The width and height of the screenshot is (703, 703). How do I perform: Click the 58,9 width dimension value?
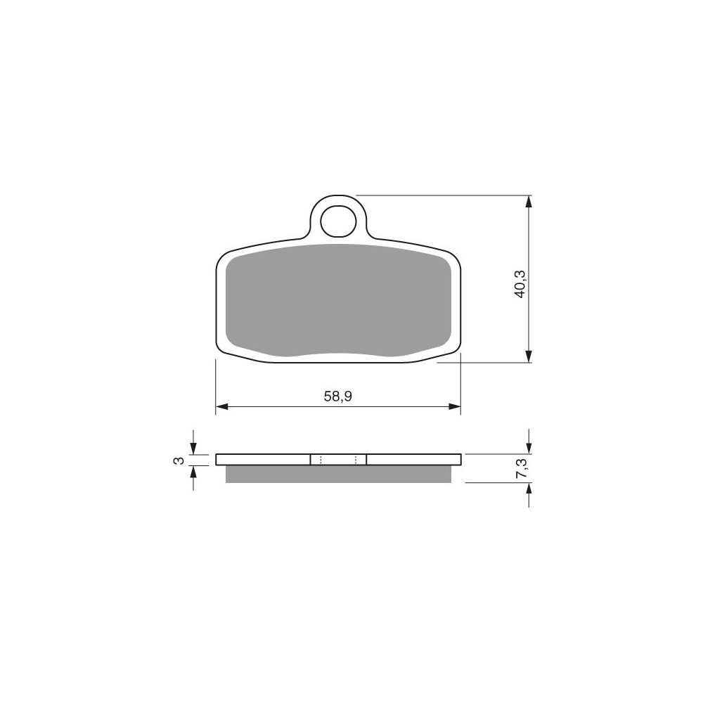pos(337,396)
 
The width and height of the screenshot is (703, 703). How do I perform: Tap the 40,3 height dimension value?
pos(520,284)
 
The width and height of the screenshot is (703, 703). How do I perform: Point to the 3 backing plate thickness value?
pos(179,460)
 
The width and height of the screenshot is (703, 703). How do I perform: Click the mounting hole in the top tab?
pos(339,221)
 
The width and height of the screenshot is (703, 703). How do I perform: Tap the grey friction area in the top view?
pos(338,299)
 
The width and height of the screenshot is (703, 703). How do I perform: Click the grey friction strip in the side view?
pos(338,474)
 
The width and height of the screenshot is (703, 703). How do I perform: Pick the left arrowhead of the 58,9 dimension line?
pos(222,406)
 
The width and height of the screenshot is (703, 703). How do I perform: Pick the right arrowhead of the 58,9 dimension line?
pos(455,406)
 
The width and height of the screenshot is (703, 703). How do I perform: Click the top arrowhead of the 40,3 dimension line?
pos(529,202)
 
